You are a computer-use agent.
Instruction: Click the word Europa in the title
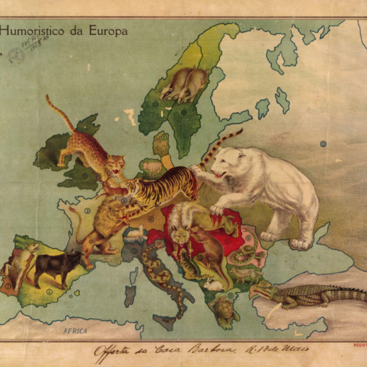(108, 30)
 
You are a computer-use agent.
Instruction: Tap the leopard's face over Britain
(116, 164)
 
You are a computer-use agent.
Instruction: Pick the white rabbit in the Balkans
(214, 283)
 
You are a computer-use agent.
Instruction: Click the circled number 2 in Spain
(48, 292)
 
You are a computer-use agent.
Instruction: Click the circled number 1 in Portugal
(8, 284)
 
